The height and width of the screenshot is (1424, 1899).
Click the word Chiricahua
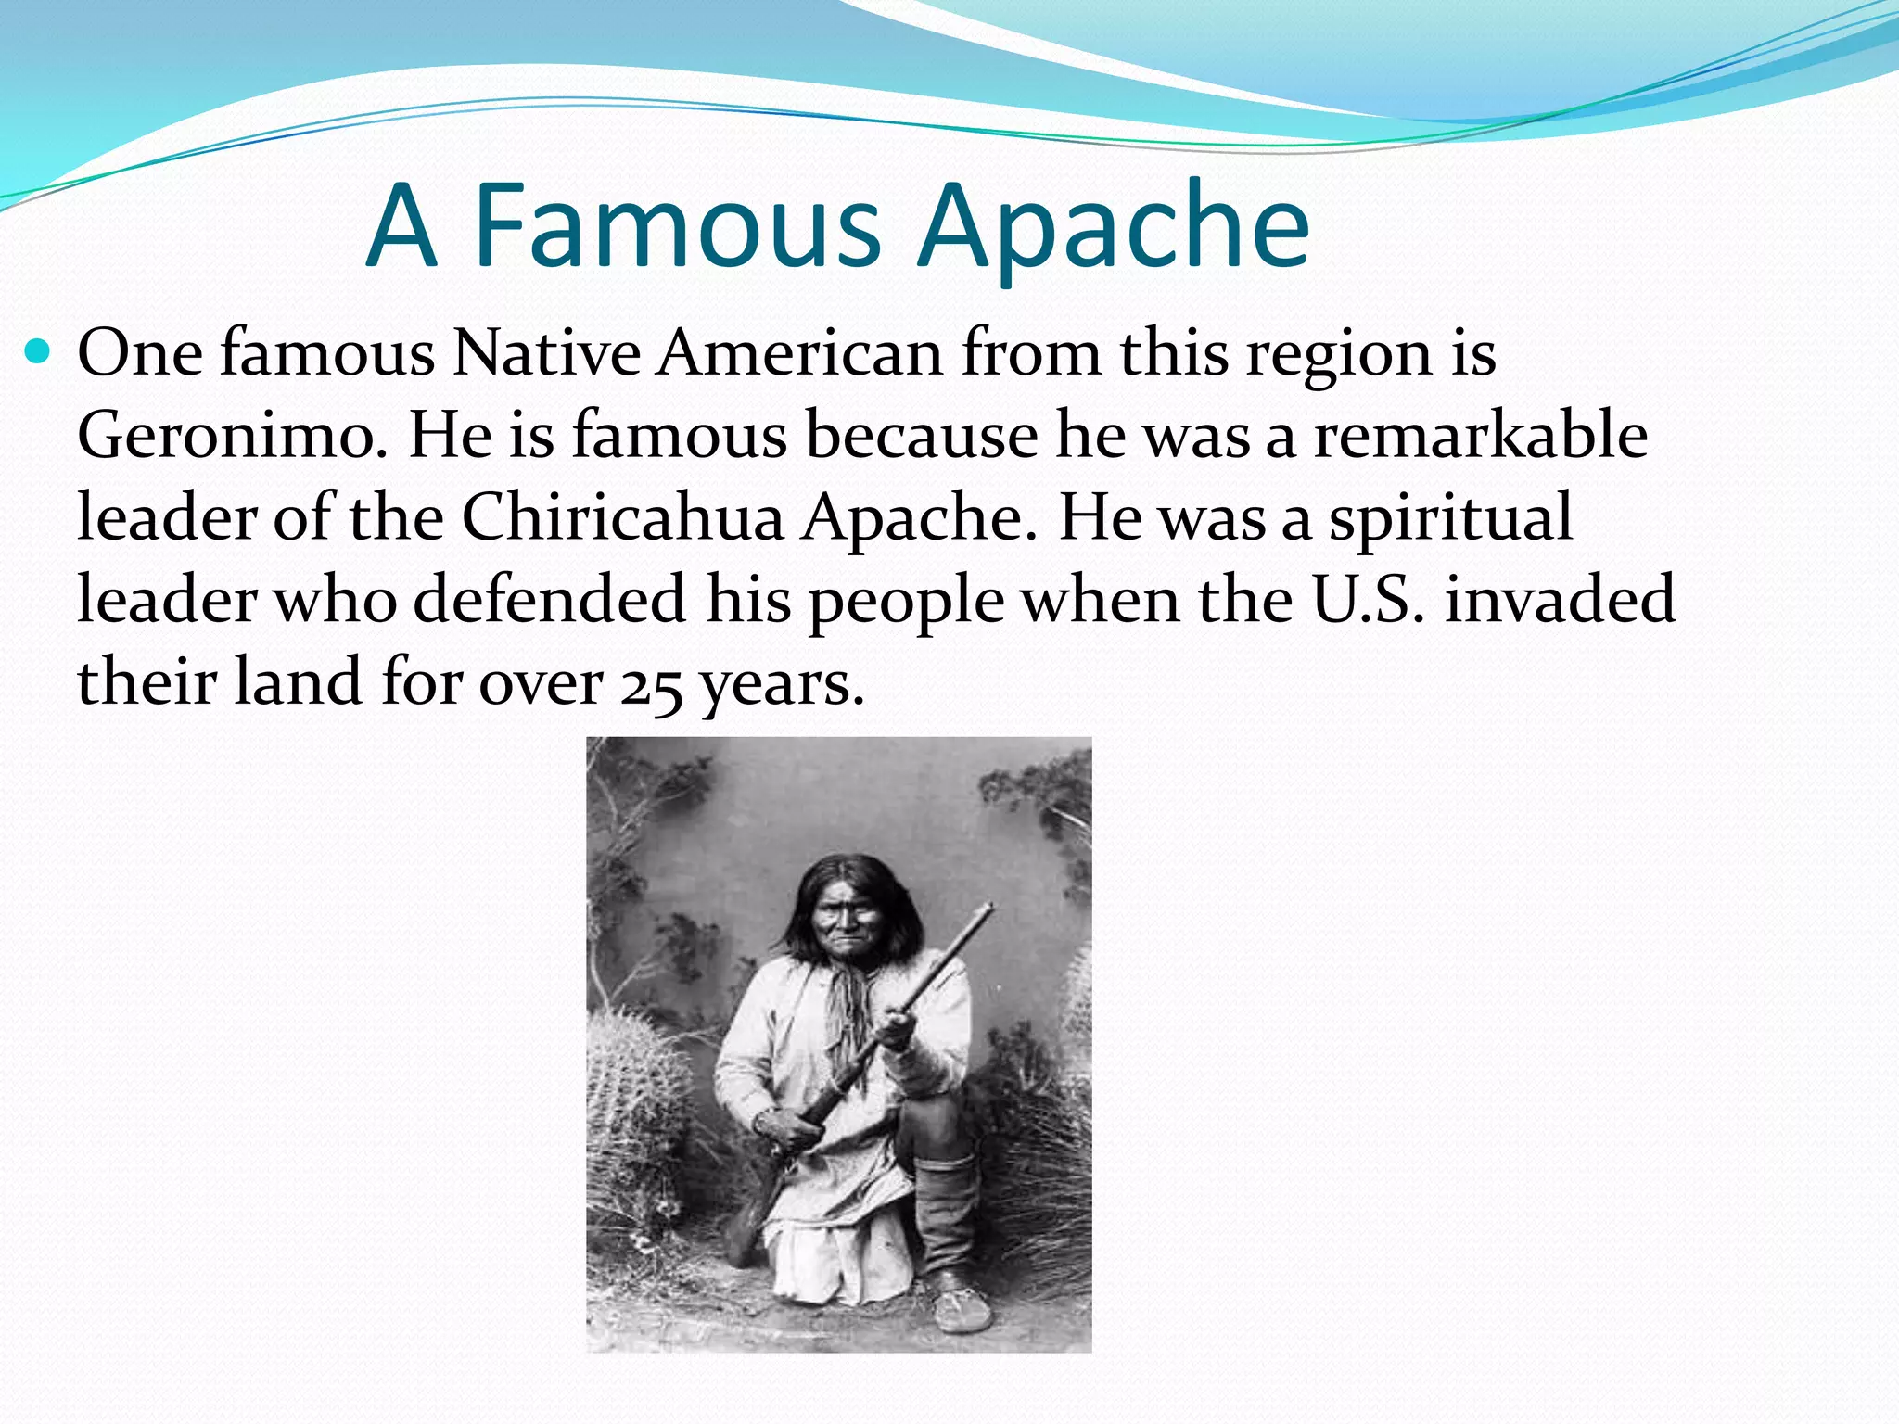[x=622, y=517]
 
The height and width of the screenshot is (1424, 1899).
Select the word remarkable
[x=1481, y=436]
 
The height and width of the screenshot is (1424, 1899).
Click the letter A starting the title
[x=401, y=227]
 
